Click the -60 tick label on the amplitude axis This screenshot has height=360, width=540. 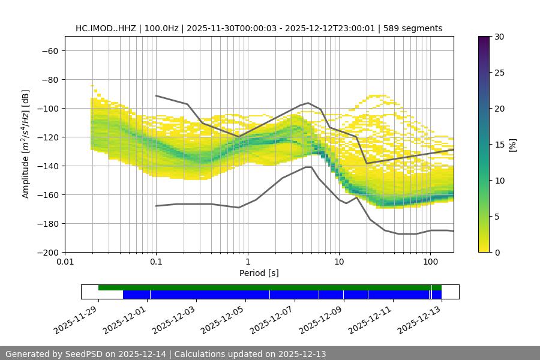pos(49,50)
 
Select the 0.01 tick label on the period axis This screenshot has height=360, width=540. pos(65,262)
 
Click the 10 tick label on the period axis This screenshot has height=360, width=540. pos(339,262)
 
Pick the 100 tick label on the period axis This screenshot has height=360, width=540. pos(430,262)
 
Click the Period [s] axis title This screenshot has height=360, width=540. pos(259,273)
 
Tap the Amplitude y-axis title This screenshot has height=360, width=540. pos(26,144)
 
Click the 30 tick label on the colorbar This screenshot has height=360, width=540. pos(499,37)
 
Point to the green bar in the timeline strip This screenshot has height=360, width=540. pos(264,287)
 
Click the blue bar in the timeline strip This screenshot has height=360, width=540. pos(282,295)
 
